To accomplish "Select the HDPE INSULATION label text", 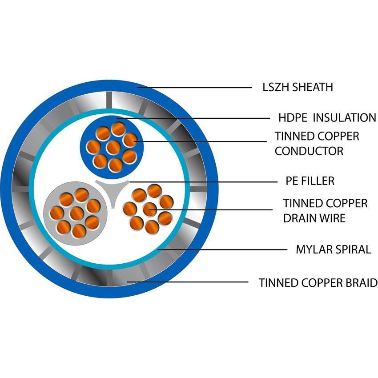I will pyautogui.click(x=327, y=118).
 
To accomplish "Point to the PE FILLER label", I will pyautogui.click(x=310, y=181).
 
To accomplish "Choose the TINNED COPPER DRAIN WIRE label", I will pyautogui.click(x=325, y=210).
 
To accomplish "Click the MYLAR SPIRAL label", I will pyautogui.click(x=333, y=249).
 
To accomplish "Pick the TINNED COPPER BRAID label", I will pyautogui.click(x=318, y=282).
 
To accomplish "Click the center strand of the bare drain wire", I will pyautogui.click(x=149, y=209).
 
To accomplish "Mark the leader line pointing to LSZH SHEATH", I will pyautogui.click(x=196, y=88).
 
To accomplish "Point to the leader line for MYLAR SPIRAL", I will pyautogui.click(x=222, y=249).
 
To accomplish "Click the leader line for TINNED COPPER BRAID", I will pyautogui.click(x=187, y=282).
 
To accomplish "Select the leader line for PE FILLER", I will pyautogui.click(x=200, y=181).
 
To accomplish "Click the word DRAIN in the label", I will pyautogui.click(x=301, y=218).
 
